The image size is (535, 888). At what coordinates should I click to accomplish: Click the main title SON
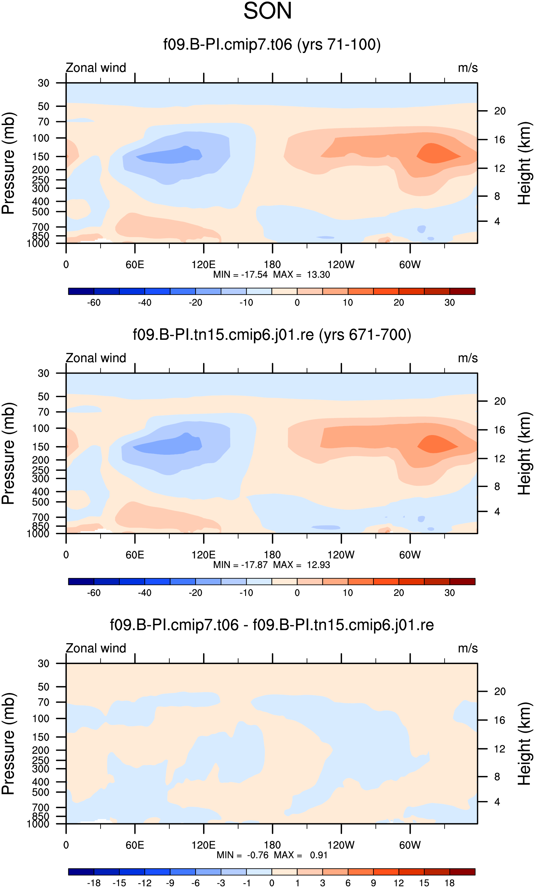pos(267,11)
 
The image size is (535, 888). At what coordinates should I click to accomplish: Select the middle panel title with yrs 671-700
pos(272,335)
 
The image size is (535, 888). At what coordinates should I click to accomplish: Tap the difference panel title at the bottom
pos(272,625)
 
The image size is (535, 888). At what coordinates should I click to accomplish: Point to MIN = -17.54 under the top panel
pos(240,275)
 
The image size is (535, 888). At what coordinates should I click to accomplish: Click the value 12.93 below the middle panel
pos(318,565)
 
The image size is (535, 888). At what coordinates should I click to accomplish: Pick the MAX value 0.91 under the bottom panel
pos(318,855)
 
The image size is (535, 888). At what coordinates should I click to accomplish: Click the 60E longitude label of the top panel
pos(135,265)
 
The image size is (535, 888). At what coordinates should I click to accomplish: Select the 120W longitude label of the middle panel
pos(341,555)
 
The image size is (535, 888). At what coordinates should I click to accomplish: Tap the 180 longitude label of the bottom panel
pos(272,845)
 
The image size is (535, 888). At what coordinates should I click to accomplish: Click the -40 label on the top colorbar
pos(144,302)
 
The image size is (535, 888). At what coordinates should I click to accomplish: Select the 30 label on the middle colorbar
pos(449,592)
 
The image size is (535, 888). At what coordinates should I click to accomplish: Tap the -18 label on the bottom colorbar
pos(94,883)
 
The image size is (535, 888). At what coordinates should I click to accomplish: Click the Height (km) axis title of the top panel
pos(524,163)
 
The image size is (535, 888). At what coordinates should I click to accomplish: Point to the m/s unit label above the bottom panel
pos(468,648)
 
